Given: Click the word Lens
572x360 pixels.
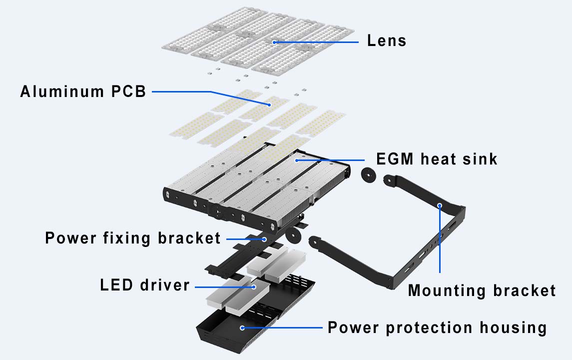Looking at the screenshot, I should point(387,40).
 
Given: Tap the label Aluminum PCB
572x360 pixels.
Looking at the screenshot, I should point(83,92).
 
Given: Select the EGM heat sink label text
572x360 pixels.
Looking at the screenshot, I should point(437,159).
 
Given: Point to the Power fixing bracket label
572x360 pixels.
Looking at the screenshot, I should point(133,238).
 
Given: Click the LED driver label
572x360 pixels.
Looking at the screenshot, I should point(145,285).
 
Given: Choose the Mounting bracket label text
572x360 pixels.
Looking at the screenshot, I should point(482,290).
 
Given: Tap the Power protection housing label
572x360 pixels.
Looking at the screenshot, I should point(437,328).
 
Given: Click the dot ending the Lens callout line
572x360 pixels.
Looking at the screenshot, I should point(274,42).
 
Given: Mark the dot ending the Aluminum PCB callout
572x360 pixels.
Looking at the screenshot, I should point(269,104).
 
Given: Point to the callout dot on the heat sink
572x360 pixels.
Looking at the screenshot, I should point(297,160).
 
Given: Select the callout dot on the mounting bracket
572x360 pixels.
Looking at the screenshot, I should point(440,204).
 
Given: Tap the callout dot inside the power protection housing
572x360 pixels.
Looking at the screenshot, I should point(242,328).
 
